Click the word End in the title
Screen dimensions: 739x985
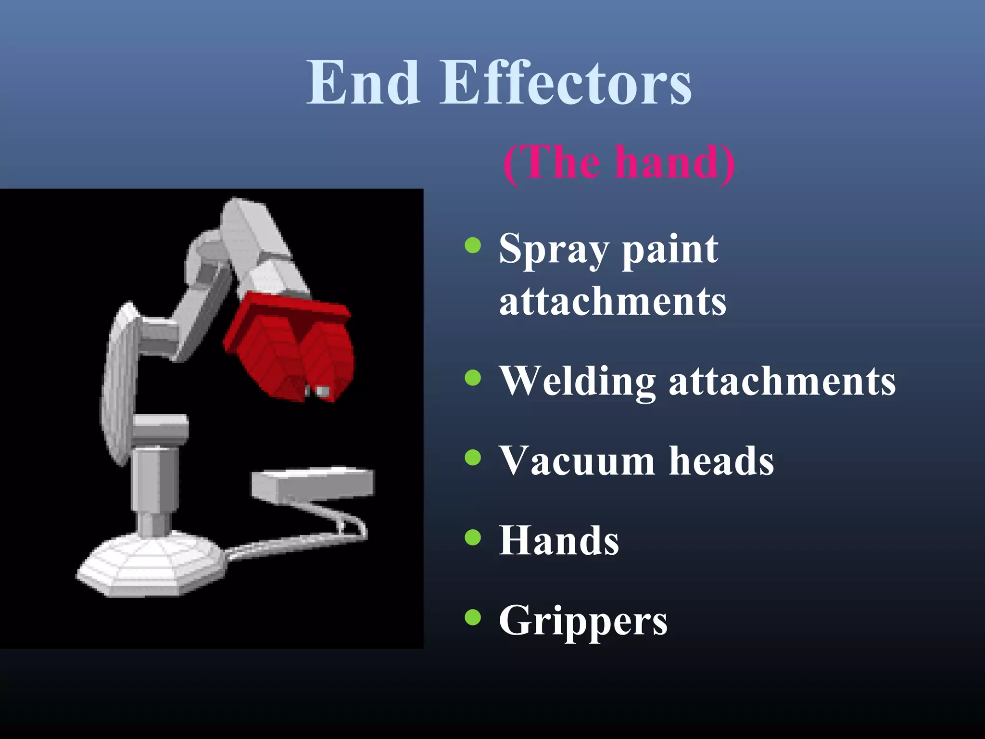click(x=364, y=83)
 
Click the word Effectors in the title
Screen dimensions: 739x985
click(x=566, y=83)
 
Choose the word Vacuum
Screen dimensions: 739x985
click(x=576, y=461)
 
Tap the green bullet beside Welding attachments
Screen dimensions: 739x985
click(x=473, y=378)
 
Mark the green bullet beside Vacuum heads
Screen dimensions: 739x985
click(x=473, y=458)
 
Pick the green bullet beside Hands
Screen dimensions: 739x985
click(x=473, y=537)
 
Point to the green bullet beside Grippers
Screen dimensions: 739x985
click(x=473, y=617)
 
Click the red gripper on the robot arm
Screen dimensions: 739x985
click(x=289, y=346)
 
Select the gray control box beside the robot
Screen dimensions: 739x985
click(x=313, y=484)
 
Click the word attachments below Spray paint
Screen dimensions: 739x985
click(x=613, y=302)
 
